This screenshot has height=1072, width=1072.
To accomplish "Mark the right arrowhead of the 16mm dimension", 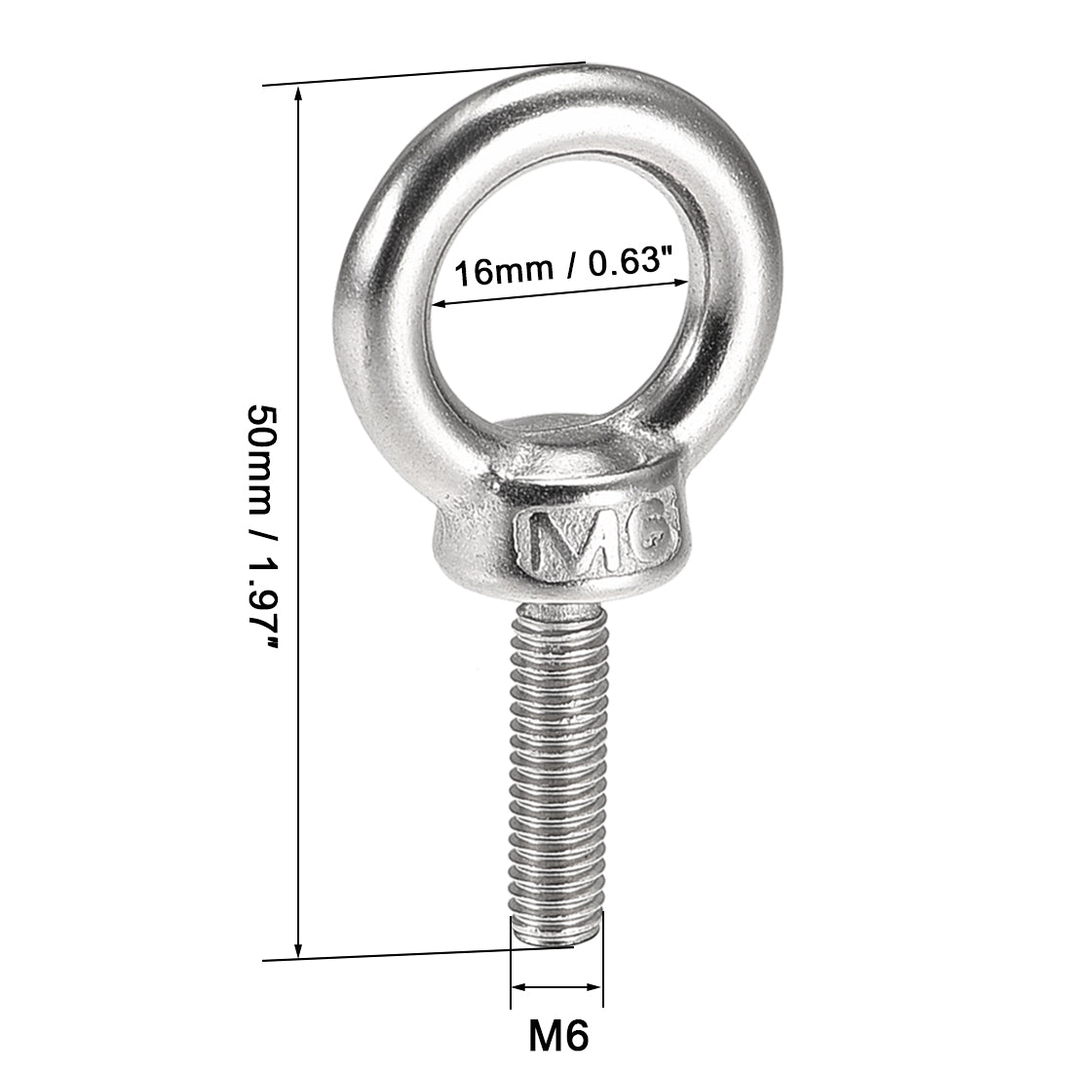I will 679,283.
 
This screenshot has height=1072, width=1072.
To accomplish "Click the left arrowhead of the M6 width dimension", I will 517,987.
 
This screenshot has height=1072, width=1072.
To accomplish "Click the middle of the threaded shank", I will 555,770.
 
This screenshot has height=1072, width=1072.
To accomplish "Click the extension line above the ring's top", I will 419,75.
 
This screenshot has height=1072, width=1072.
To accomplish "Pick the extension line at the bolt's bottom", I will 409,954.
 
